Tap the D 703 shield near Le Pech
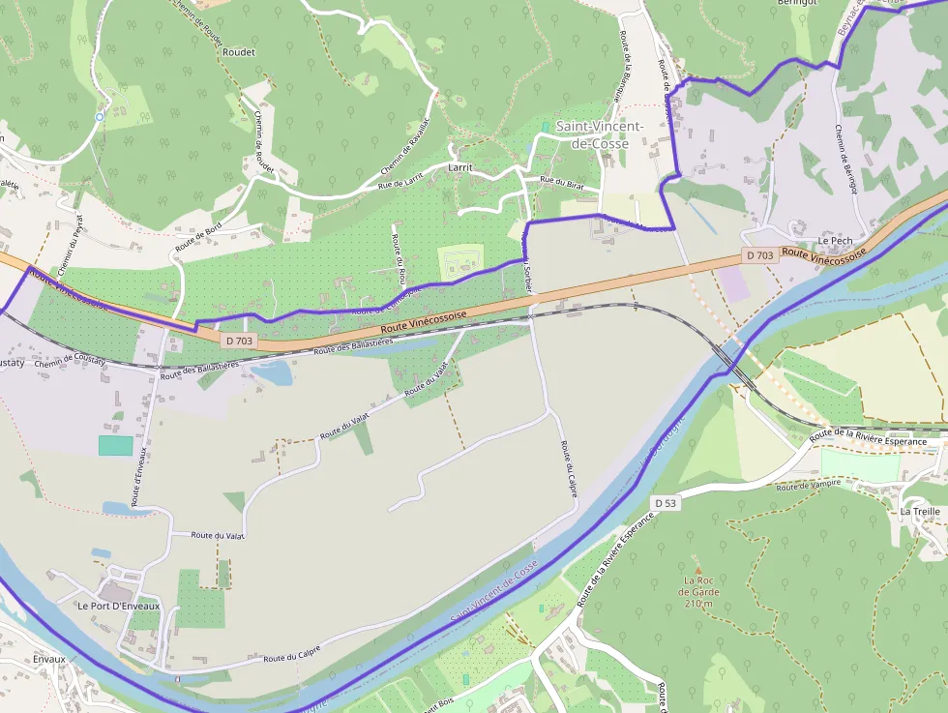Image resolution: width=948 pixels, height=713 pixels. pos(759,255)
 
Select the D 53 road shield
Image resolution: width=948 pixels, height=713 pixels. pos(664,503)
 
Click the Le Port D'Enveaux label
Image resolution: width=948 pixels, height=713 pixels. pos(119,606)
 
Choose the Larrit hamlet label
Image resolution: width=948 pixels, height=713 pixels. pos(460,167)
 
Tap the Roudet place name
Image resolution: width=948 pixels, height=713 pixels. pos(239,52)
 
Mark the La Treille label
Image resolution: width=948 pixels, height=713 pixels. pos(919,511)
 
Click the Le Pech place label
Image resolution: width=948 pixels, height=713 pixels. pos(834,240)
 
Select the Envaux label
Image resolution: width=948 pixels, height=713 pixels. pos(47,659)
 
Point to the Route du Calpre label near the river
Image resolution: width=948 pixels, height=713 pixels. pos(291,657)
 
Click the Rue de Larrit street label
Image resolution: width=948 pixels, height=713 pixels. pos(400,179)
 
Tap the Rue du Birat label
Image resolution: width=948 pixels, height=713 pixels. pos(562,182)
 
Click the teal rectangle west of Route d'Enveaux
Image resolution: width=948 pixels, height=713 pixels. pos(115,445)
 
